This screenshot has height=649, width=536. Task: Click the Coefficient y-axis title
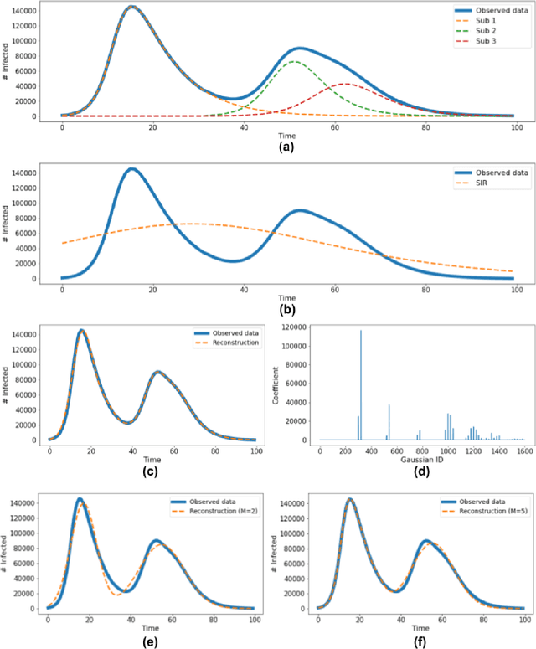coord(278,384)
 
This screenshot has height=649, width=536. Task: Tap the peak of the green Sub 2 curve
coord(294,61)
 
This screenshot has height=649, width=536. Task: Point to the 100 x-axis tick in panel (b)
coord(517,288)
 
